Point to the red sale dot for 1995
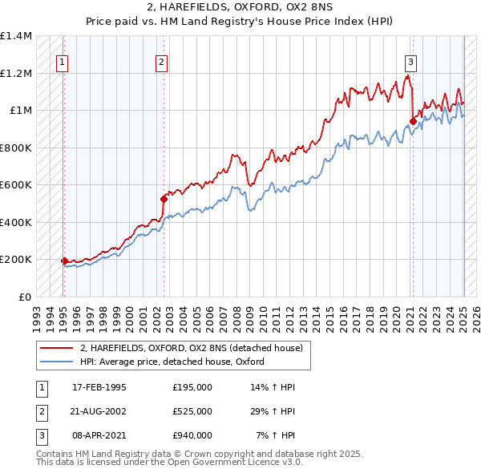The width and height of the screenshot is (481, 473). click(64, 261)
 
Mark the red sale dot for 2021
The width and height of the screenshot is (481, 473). click(413, 122)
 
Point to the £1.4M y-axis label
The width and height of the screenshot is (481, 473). click(16, 36)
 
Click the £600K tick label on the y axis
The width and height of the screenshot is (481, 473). click(16, 185)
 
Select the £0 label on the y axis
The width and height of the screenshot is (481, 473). click(24, 297)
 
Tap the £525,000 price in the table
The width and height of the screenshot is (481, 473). click(192, 411)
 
